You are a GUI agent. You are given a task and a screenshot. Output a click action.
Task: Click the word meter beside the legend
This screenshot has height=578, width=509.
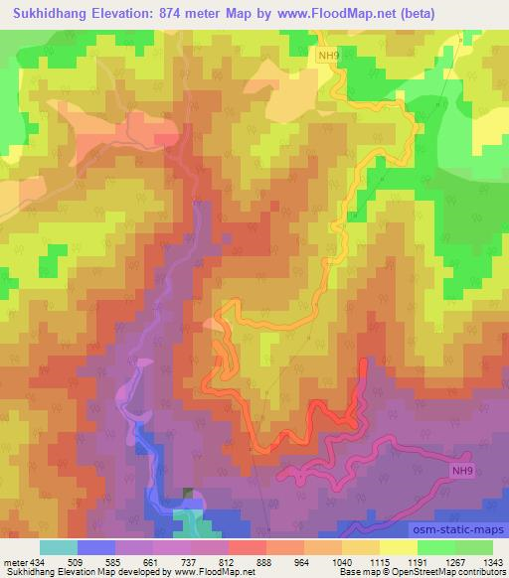tap(17, 563)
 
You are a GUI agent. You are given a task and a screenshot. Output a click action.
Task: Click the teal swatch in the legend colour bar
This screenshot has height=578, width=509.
tap(59, 547)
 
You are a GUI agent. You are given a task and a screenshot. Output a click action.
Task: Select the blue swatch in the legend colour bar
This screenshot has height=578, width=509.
tap(96, 547)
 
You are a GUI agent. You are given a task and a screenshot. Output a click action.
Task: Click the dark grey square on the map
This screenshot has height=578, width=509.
tap(189, 494)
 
